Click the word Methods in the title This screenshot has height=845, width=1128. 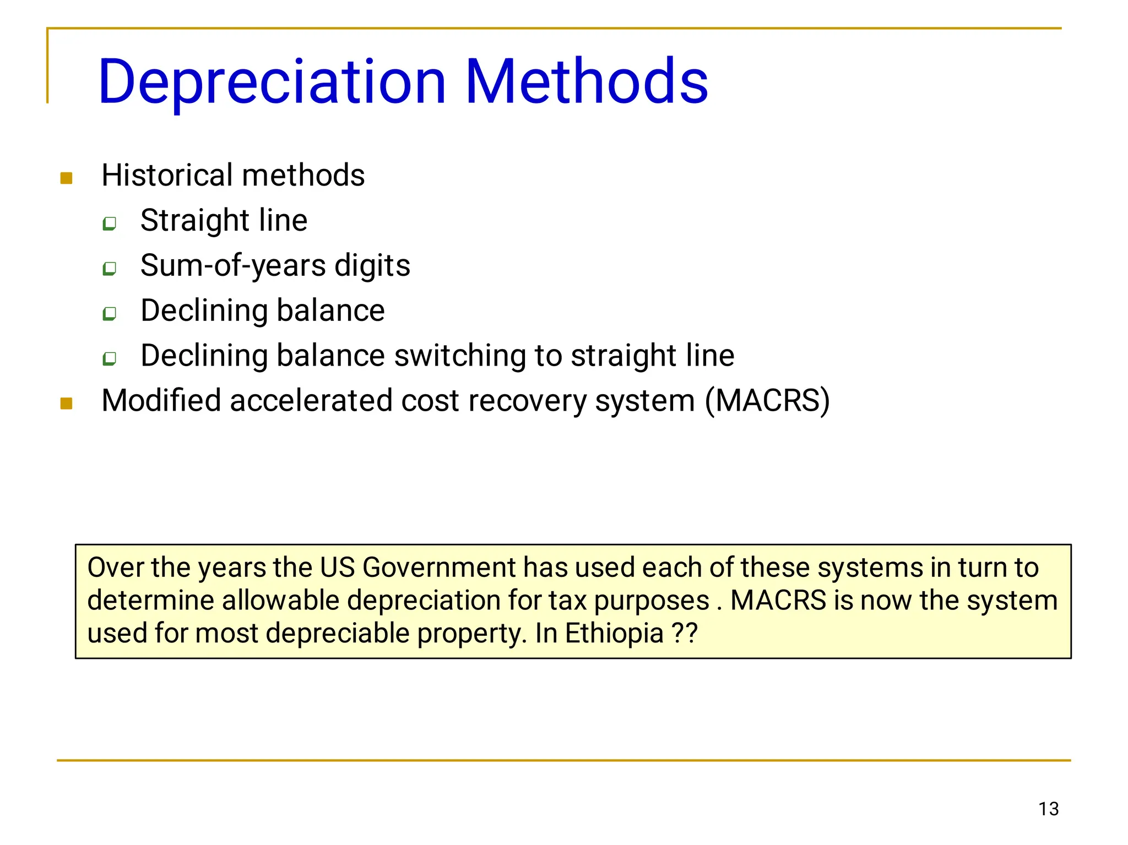[587, 83]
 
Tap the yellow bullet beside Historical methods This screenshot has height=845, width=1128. [67, 178]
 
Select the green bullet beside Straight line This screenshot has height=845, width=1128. [110, 223]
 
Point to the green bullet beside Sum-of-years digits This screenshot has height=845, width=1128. [110, 269]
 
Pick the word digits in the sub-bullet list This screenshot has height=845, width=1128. [372, 266]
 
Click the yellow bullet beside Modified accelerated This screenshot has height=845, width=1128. [67, 404]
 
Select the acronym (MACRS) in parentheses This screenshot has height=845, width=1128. [767, 401]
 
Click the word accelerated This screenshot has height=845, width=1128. [311, 401]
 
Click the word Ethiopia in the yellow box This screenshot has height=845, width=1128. [614, 633]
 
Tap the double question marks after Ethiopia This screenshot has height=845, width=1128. [685, 633]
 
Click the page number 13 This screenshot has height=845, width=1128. [1049, 809]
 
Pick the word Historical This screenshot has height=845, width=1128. [167, 176]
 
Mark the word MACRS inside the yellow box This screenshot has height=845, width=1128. [778, 601]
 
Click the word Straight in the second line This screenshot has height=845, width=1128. [194, 221]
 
